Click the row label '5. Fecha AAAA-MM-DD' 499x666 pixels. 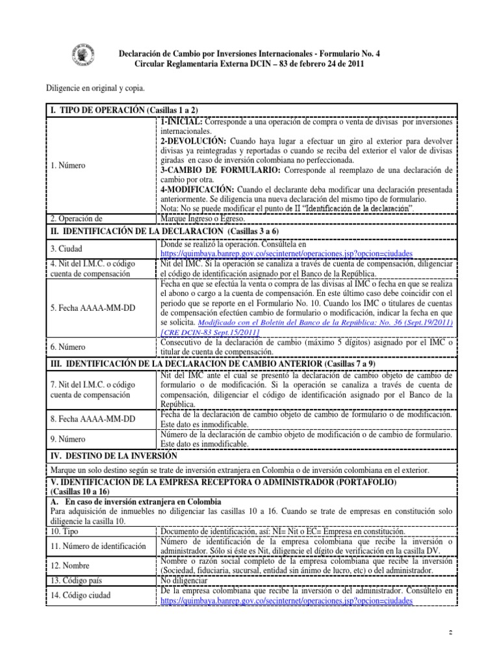[93, 306]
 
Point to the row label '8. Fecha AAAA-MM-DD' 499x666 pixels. [93, 419]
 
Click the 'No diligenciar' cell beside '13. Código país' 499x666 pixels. [183, 580]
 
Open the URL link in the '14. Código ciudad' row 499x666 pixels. [286, 601]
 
